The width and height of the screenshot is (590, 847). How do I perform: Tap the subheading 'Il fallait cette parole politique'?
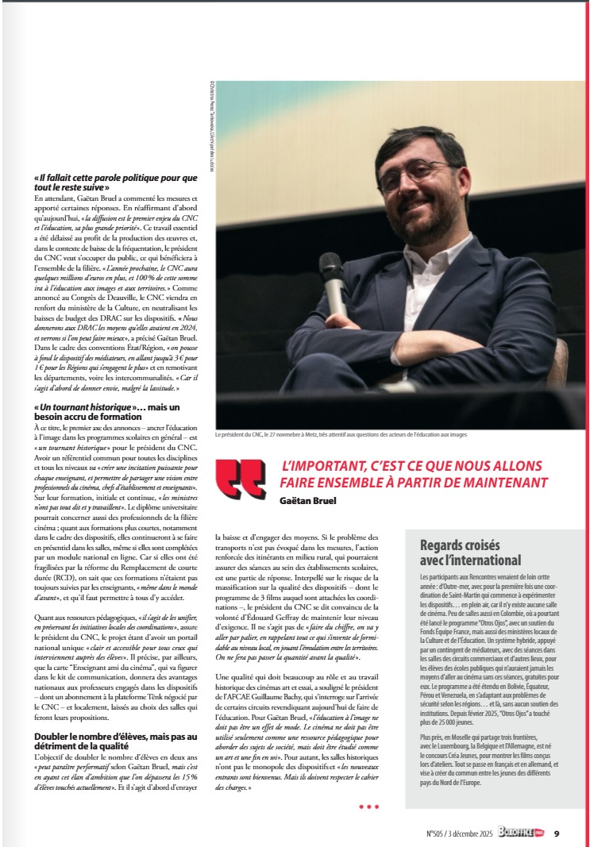116,182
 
